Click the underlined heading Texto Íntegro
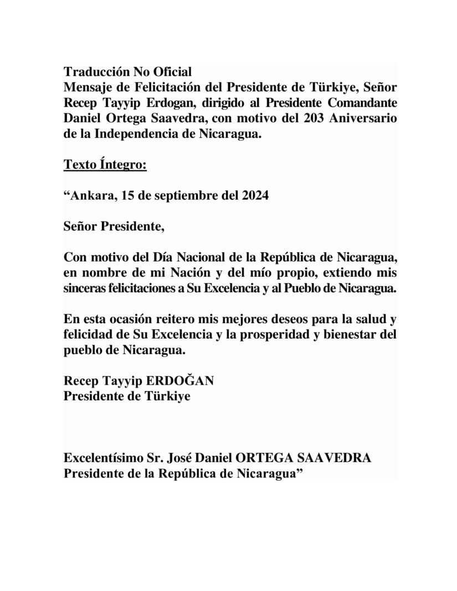click(105, 165)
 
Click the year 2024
click(254, 196)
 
